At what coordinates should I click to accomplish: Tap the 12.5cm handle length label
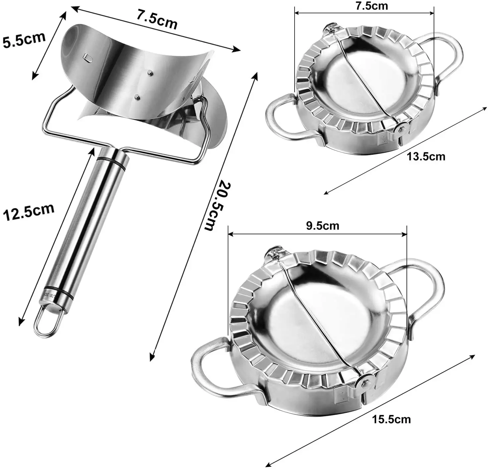(28, 212)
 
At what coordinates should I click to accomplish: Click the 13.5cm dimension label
(426, 156)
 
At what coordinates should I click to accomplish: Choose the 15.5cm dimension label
(391, 419)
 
